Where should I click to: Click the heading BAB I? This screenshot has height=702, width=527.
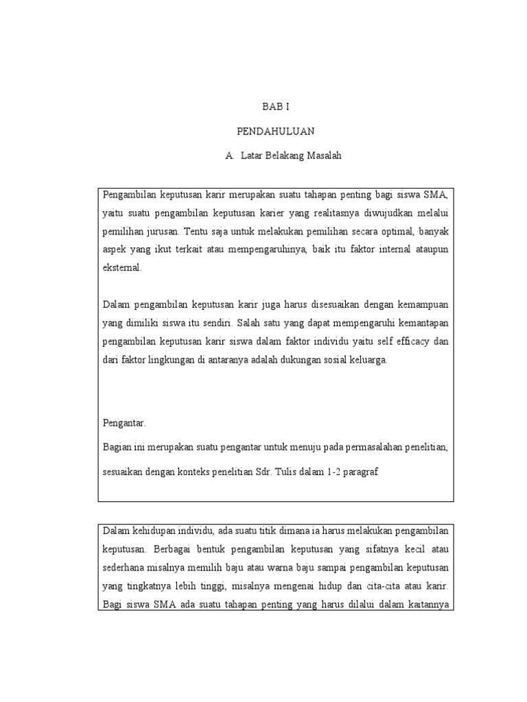(x=271, y=107)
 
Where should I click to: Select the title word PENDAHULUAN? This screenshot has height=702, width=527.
(x=271, y=131)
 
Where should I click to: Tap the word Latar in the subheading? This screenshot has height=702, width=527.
(x=253, y=156)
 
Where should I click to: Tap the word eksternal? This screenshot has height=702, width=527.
(x=122, y=268)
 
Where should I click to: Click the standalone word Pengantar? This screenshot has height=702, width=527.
(x=124, y=423)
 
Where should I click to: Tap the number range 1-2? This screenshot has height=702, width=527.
(x=320, y=472)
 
